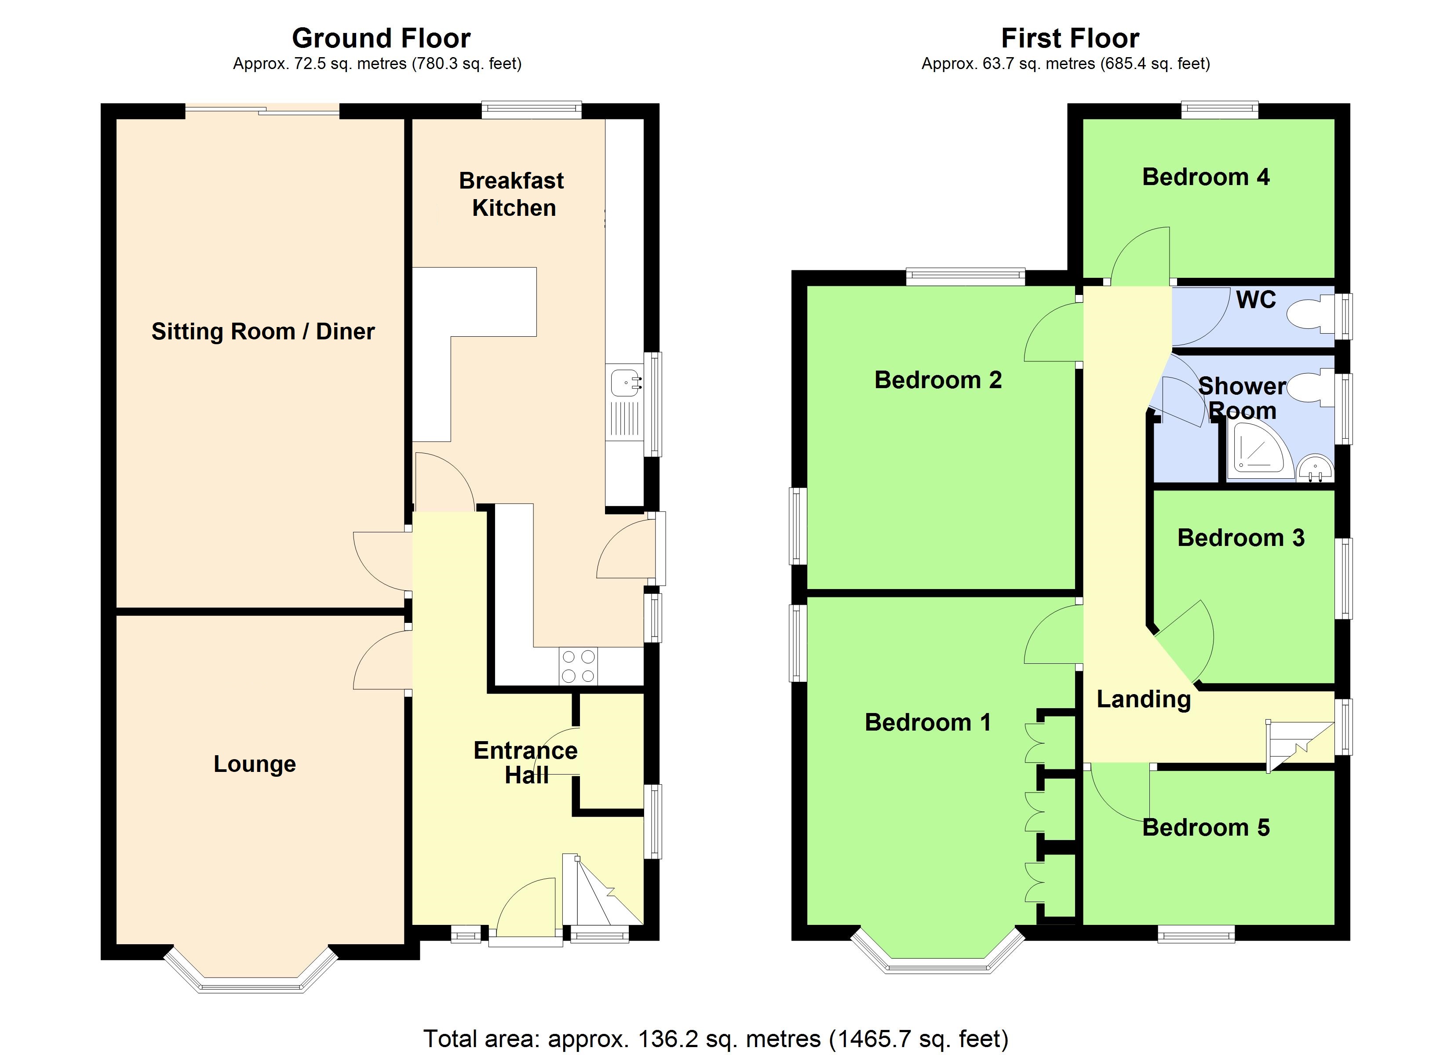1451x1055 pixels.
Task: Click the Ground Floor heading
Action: click(x=381, y=38)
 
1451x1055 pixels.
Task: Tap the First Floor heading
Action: click(x=1070, y=38)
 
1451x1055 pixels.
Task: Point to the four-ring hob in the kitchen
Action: click(x=578, y=666)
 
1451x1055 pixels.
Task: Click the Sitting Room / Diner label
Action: click(x=263, y=331)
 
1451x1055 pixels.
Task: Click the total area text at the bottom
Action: click(x=715, y=1038)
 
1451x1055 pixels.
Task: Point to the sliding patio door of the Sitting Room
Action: click(x=262, y=111)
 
